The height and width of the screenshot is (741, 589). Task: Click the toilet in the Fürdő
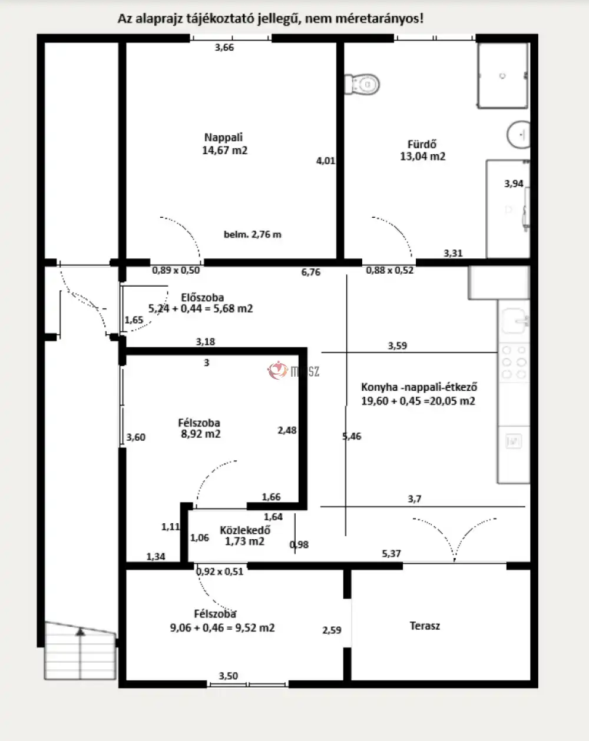click(x=362, y=84)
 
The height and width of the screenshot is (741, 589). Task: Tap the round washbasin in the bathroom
click(x=519, y=135)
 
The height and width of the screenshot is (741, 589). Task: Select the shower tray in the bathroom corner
click(x=503, y=75)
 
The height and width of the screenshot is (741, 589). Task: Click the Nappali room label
click(x=223, y=137)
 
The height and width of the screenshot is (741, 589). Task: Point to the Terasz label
click(x=425, y=626)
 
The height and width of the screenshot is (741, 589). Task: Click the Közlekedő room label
click(x=245, y=530)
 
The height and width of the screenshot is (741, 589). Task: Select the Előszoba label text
click(x=202, y=297)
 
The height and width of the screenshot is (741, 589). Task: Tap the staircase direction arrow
click(x=80, y=632)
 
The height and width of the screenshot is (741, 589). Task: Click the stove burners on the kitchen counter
click(x=514, y=362)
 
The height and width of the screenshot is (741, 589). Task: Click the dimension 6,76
click(x=310, y=272)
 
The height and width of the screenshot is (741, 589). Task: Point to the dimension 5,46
click(x=352, y=436)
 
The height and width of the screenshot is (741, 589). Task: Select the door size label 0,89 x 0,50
click(x=176, y=270)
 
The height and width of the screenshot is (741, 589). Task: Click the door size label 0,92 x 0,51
click(x=220, y=571)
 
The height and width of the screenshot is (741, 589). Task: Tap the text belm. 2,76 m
click(x=252, y=234)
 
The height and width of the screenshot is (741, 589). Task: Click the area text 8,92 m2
click(x=201, y=434)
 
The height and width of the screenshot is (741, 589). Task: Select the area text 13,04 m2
click(x=422, y=157)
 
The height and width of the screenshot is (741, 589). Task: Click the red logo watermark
click(x=278, y=370)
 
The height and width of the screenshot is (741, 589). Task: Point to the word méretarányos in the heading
click(x=379, y=18)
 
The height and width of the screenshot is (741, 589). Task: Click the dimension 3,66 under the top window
click(x=224, y=47)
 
